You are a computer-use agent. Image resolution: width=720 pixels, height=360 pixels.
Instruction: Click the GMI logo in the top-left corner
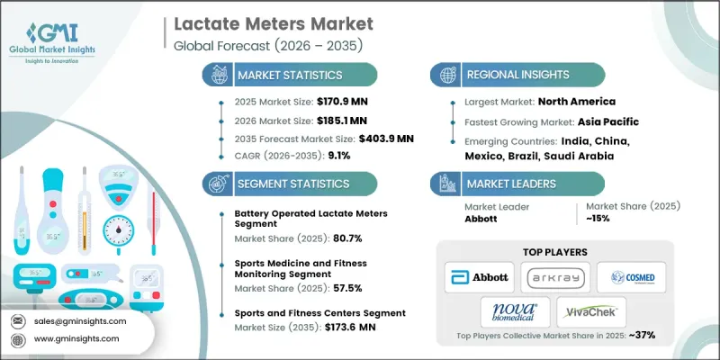point(63,33)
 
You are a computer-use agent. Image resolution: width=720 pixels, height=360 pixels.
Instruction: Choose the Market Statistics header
point(291,76)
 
